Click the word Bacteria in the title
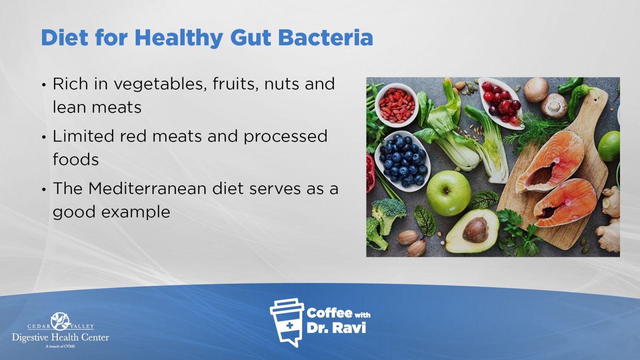pos(326,38)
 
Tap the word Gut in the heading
pos(250,38)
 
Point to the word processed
pos(286,136)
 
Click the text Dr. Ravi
pos(336,328)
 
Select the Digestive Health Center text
pos(60,338)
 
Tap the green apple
pos(448,193)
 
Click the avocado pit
pos(476,230)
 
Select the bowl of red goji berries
pos(396,105)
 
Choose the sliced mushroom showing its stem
pos(554,106)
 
